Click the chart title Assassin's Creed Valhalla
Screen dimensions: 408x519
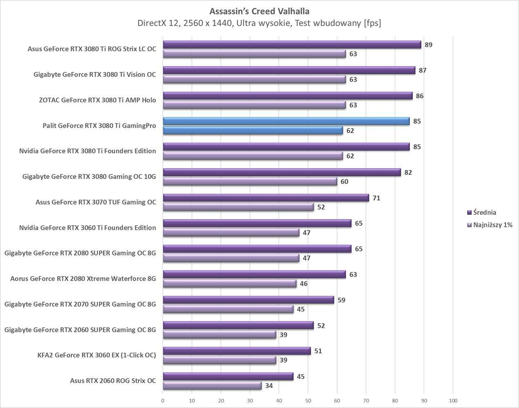259,11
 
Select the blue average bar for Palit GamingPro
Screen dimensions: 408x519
286,121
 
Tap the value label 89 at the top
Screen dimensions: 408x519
428,45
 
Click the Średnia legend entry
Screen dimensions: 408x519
484,212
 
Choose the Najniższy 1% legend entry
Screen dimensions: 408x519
492,225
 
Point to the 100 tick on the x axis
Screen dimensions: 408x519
453,401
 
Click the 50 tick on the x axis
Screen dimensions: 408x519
308,401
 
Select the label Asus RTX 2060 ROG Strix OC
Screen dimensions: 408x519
113,381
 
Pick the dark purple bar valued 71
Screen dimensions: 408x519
265,198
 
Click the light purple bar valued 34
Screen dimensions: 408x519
212,386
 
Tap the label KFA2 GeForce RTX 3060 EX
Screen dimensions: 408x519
96,355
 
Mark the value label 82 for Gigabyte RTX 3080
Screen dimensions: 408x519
408,173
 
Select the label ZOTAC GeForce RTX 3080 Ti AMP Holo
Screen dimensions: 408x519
97,100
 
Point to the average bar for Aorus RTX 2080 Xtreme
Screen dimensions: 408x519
254,275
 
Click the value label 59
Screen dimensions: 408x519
341,300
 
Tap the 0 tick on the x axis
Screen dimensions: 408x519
163,401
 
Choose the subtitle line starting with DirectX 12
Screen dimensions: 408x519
259,23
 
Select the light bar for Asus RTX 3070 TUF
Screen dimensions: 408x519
238,207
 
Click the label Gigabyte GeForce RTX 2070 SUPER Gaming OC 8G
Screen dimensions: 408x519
80,304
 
